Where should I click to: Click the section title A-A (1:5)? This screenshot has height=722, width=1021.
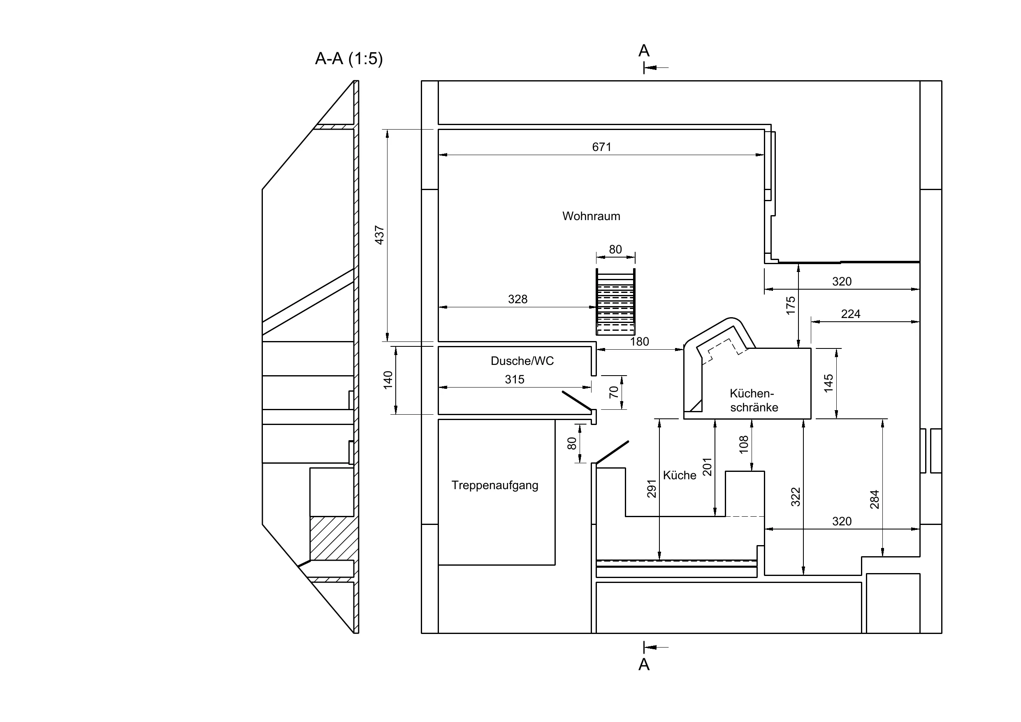click(x=349, y=58)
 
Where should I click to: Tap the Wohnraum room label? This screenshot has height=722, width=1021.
click(x=591, y=216)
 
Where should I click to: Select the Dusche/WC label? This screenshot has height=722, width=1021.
click(x=522, y=361)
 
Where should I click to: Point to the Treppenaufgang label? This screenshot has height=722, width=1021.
click(x=494, y=485)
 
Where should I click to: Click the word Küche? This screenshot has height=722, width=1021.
click(x=680, y=475)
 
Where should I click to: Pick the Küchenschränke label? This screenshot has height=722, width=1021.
click(x=754, y=400)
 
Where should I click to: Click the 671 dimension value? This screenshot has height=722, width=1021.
click(x=602, y=147)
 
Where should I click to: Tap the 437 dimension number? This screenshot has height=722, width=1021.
click(x=379, y=235)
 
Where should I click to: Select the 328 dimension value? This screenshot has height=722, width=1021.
click(x=517, y=299)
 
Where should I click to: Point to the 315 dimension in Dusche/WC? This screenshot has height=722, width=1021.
click(x=515, y=379)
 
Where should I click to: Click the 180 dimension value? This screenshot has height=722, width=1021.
click(x=639, y=341)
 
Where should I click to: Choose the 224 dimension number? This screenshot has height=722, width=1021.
click(x=851, y=314)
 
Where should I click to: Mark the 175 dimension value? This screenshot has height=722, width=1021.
click(x=790, y=306)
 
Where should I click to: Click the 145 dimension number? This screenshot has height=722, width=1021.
click(x=828, y=383)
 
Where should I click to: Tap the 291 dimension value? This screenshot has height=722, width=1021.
click(x=652, y=488)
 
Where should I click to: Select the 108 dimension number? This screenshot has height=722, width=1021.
click(x=743, y=444)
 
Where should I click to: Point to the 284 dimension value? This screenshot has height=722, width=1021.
click(x=874, y=499)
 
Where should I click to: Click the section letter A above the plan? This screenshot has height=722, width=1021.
click(x=644, y=51)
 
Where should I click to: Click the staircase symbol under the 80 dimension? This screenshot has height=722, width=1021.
click(x=615, y=302)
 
